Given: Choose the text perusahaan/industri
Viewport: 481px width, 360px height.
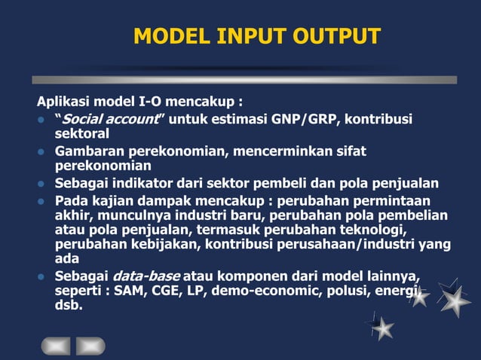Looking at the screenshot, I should (339, 244).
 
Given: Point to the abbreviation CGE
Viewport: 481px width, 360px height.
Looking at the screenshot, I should (158, 290).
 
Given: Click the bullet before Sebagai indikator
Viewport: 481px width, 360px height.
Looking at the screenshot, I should (42, 184).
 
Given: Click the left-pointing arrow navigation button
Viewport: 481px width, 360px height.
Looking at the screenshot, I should (57, 345).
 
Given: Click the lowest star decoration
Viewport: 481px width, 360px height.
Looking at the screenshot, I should (382, 327).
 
